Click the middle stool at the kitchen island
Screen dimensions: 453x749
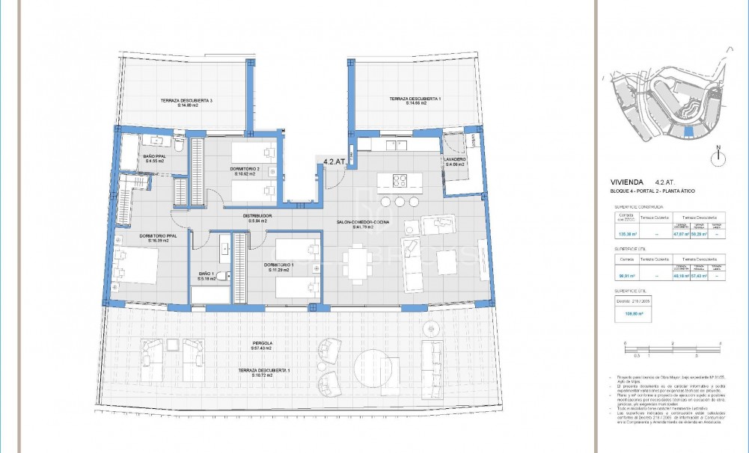400,202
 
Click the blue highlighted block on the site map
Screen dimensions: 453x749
689,132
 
